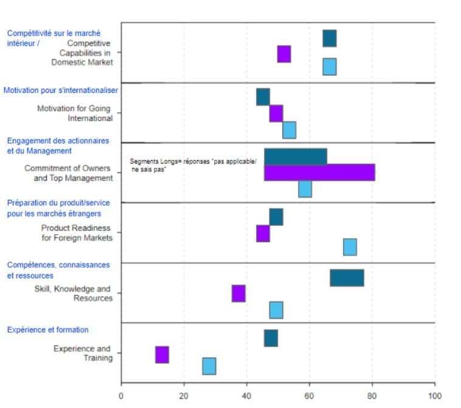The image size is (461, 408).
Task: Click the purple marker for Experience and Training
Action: [x=162, y=355]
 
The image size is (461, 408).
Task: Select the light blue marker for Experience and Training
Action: [x=209, y=366]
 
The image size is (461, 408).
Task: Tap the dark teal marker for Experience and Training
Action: [x=271, y=338]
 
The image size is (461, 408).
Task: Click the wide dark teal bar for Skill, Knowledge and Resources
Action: [x=347, y=277]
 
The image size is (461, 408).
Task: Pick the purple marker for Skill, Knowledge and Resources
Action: [x=238, y=293]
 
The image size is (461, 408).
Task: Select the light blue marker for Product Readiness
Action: [x=350, y=247]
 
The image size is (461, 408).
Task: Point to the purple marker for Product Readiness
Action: [x=263, y=234]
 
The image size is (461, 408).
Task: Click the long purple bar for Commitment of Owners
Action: [x=319, y=172]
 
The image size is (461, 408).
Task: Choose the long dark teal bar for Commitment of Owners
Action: [x=295, y=157]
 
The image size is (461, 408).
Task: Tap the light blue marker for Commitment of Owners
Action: [x=305, y=189]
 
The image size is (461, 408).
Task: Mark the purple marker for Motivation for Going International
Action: [x=276, y=114]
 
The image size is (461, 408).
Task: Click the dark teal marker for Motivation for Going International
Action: [x=263, y=97]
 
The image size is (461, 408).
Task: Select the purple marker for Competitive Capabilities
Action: [x=284, y=54]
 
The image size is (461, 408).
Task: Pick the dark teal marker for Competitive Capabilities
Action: [x=329, y=38]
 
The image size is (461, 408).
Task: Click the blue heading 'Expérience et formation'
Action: [x=47, y=330]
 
